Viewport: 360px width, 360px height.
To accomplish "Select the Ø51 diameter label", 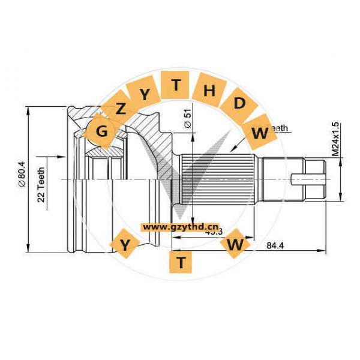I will [187, 118].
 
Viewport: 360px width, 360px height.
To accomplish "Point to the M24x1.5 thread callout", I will [336, 139].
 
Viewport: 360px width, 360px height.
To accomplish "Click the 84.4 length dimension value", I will [274, 244].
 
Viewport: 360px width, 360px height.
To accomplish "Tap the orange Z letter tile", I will [121, 109].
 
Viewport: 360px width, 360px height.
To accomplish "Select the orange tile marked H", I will [209, 91].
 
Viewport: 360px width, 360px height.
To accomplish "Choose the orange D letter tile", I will [239, 103].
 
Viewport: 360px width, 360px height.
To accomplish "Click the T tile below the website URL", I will [181, 261].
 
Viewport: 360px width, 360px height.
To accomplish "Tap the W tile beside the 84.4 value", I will [236, 244].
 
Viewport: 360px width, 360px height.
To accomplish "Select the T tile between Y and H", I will [176, 85].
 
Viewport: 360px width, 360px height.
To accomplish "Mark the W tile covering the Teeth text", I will [260, 133].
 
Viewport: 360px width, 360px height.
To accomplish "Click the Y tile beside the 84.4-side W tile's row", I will [125, 244].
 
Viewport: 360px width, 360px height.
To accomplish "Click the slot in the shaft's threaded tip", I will [308, 178].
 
